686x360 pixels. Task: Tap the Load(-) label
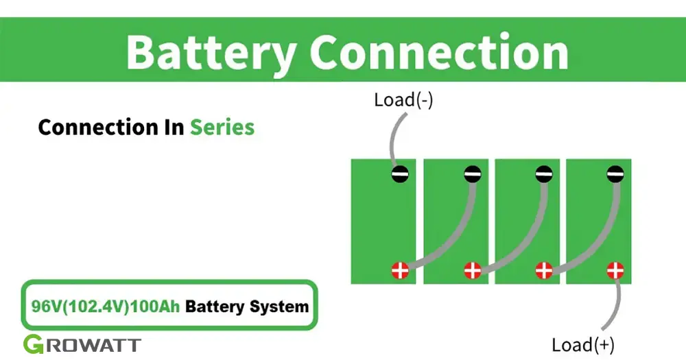coord(403,100)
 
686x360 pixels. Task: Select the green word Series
coord(222,128)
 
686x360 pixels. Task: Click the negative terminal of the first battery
coord(400,174)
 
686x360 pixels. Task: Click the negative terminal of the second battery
coord(471,174)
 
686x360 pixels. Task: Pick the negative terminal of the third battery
coord(543,174)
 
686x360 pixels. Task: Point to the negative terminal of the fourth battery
coord(615,174)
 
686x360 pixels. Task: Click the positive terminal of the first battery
coord(400,270)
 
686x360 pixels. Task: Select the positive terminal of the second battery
coord(471,270)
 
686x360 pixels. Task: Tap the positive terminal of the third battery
coord(543,270)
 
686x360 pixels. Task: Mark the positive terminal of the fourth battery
coord(615,270)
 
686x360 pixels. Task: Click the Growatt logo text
coord(82,345)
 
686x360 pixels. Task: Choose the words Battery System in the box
coord(247,306)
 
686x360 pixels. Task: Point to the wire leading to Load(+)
coord(619,302)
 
